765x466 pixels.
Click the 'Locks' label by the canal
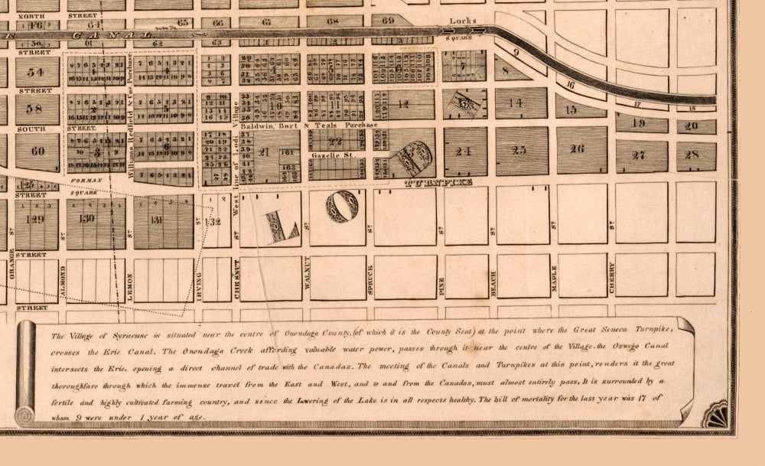click(463, 21)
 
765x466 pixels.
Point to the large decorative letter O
click(342, 206)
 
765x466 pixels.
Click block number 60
click(37, 151)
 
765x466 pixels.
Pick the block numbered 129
click(34, 218)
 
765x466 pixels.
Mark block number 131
click(157, 220)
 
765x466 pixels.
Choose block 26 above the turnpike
click(577, 148)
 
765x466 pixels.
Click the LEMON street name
click(131, 286)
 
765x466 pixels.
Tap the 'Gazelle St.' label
click(332, 155)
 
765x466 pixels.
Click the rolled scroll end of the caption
click(26, 373)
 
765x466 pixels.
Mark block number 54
click(35, 72)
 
